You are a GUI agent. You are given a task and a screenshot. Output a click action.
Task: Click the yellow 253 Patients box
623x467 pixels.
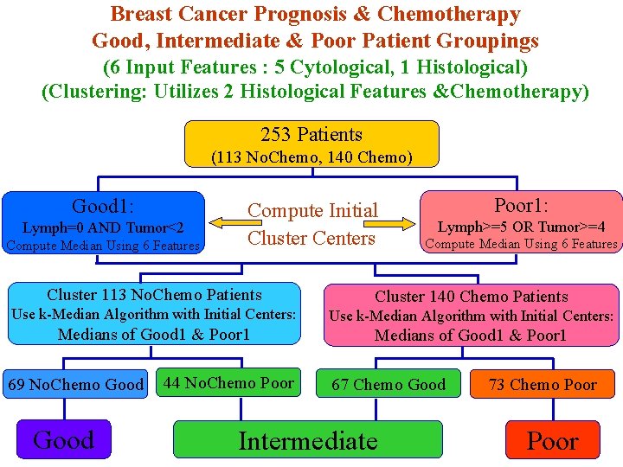click(x=312, y=144)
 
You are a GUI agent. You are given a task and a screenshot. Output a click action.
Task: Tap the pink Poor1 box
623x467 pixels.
click(x=521, y=223)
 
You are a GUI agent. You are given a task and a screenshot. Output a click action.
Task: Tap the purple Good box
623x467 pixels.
click(x=64, y=439)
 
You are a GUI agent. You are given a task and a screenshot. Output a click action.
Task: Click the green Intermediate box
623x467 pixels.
click(x=308, y=440)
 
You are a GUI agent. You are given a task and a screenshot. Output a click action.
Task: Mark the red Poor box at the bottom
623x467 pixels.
click(x=552, y=440)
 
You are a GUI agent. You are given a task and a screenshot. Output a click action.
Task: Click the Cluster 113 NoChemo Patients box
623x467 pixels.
click(x=154, y=314)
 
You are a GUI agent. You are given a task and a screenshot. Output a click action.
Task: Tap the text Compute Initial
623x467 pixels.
click(x=312, y=210)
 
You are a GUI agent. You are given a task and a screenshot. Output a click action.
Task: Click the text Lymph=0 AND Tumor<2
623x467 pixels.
click(x=103, y=227)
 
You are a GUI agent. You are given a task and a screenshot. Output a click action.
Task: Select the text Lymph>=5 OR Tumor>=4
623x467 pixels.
click(x=521, y=227)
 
